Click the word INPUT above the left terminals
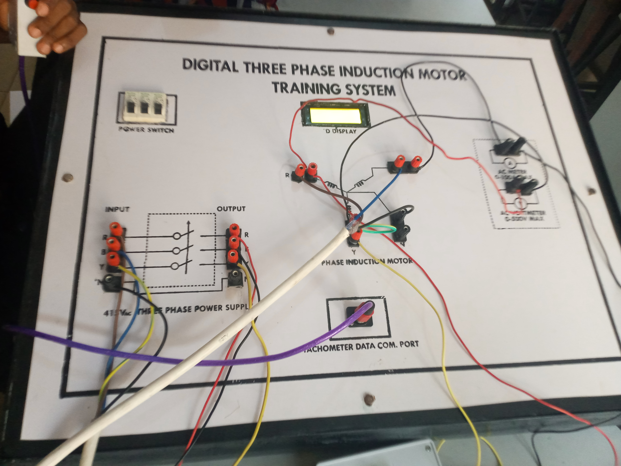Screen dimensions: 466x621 click(117, 209)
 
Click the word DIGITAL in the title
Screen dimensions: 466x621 click(210, 65)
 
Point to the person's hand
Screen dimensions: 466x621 click(56, 28)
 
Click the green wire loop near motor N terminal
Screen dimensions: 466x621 click(379, 230)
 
